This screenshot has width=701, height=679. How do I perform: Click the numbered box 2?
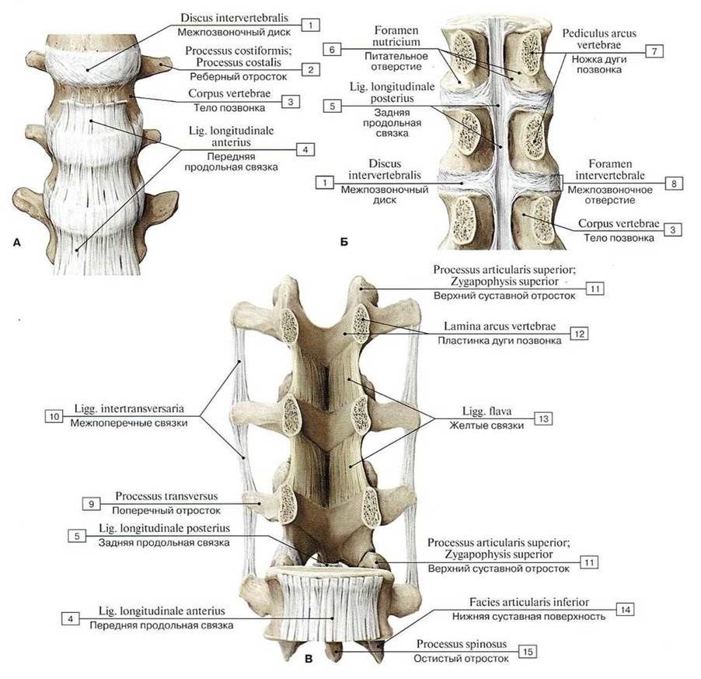point(310,70)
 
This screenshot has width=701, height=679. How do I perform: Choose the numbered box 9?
point(91,503)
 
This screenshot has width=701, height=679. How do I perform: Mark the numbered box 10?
point(54,416)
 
